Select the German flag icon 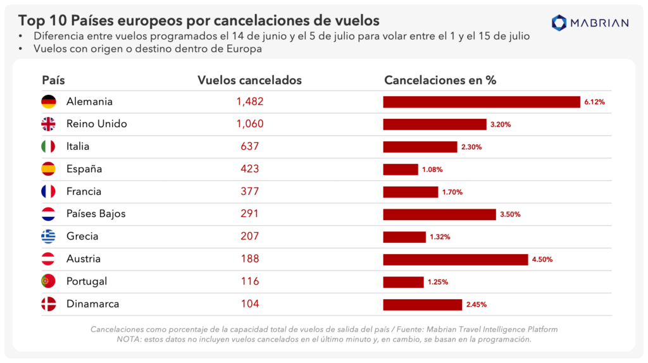click(x=49, y=102)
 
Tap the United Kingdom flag click(x=49, y=124)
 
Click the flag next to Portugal click(x=49, y=281)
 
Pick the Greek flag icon click(x=49, y=237)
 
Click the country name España click(x=84, y=169)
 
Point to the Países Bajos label click(x=96, y=214)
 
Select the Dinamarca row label click(x=92, y=304)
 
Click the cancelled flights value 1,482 click(x=249, y=102)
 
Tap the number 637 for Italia click(x=249, y=147)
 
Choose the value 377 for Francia click(x=249, y=192)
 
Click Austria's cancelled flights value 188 click(x=249, y=259)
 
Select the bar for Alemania click(x=481, y=102)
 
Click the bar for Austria click(x=455, y=259)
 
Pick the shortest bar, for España click(x=400, y=169)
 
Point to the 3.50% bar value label click(x=510, y=214)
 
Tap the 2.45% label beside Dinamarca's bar click(x=476, y=305)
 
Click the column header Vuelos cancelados click(x=249, y=80)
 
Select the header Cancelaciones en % click(x=440, y=80)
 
